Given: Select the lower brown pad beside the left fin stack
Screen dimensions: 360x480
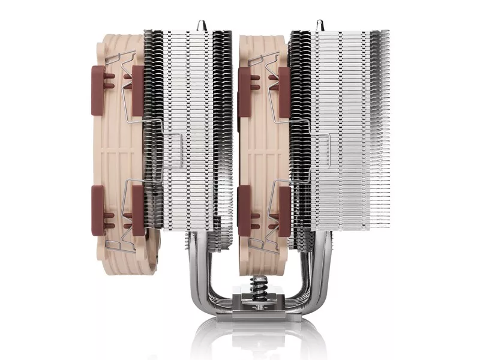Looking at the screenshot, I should [x=137, y=210].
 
